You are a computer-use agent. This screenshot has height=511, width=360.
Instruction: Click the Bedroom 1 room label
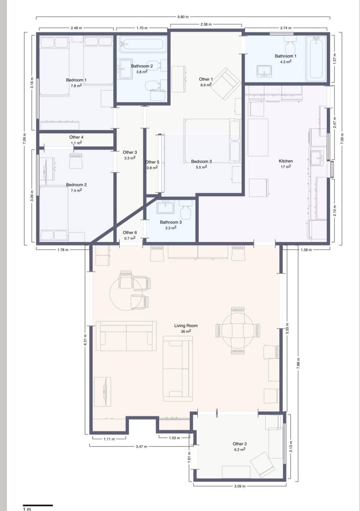[x=76, y=80]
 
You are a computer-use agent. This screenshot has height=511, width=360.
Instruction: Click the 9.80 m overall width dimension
[x=183, y=17]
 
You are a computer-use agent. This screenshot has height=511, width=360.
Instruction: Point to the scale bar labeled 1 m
[x=37, y=505]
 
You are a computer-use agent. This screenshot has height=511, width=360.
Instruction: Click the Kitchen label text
[x=286, y=161]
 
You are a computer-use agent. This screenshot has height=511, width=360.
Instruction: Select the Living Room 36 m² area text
[x=186, y=331]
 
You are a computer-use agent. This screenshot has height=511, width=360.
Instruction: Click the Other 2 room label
[x=240, y=444]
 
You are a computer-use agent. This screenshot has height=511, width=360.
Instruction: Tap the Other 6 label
[x=130, y=233]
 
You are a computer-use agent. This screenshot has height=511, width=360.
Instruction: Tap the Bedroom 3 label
[x=201, y=161]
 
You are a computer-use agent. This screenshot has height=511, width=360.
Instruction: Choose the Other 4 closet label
[x=77, y=137]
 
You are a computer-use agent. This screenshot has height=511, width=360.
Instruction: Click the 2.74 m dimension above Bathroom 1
[x=285, y=28]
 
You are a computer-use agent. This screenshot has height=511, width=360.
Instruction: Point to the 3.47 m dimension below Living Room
[x=141, y=447]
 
